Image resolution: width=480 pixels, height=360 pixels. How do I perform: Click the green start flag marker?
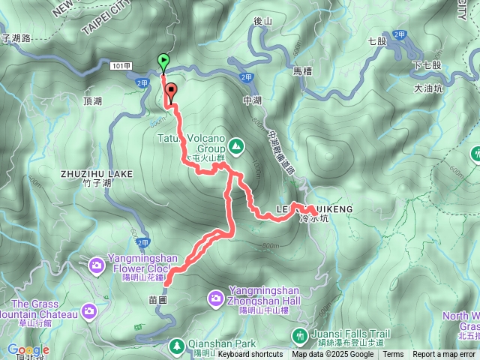pyautogui.click(x=163, y=61)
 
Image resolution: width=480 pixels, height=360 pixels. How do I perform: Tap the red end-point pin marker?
pyautogui.click(x=171, y=91)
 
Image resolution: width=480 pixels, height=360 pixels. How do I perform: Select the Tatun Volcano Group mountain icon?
pyautogui.click(x=236, y=145)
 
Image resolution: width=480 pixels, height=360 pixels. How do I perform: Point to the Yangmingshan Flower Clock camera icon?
pyautogui.click(x=97, y=264)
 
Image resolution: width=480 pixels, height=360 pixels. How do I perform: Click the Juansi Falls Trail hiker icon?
pyautogui.click(x=300, y=334)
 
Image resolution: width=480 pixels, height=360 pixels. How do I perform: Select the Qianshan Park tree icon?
pyautogui.click(x=177, y=346)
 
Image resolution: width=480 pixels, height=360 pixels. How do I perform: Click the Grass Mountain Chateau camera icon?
pyautogui.click(x=89, y=310)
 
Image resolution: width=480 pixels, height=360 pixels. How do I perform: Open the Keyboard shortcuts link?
pyautogui.click(x=250, y=355)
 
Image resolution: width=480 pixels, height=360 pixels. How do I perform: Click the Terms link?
pyautogui.click(x=393, y=355)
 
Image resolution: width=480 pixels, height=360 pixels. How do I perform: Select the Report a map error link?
pyautogui.click(x=444, y=355)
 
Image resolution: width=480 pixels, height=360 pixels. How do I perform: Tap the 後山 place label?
pyautogui.click(x=262, y=22)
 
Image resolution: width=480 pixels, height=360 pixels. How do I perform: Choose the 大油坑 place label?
pyautogui.click(x=428, y=88)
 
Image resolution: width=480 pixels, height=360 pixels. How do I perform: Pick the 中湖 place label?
pyautogui.click(x=252, y=99)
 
